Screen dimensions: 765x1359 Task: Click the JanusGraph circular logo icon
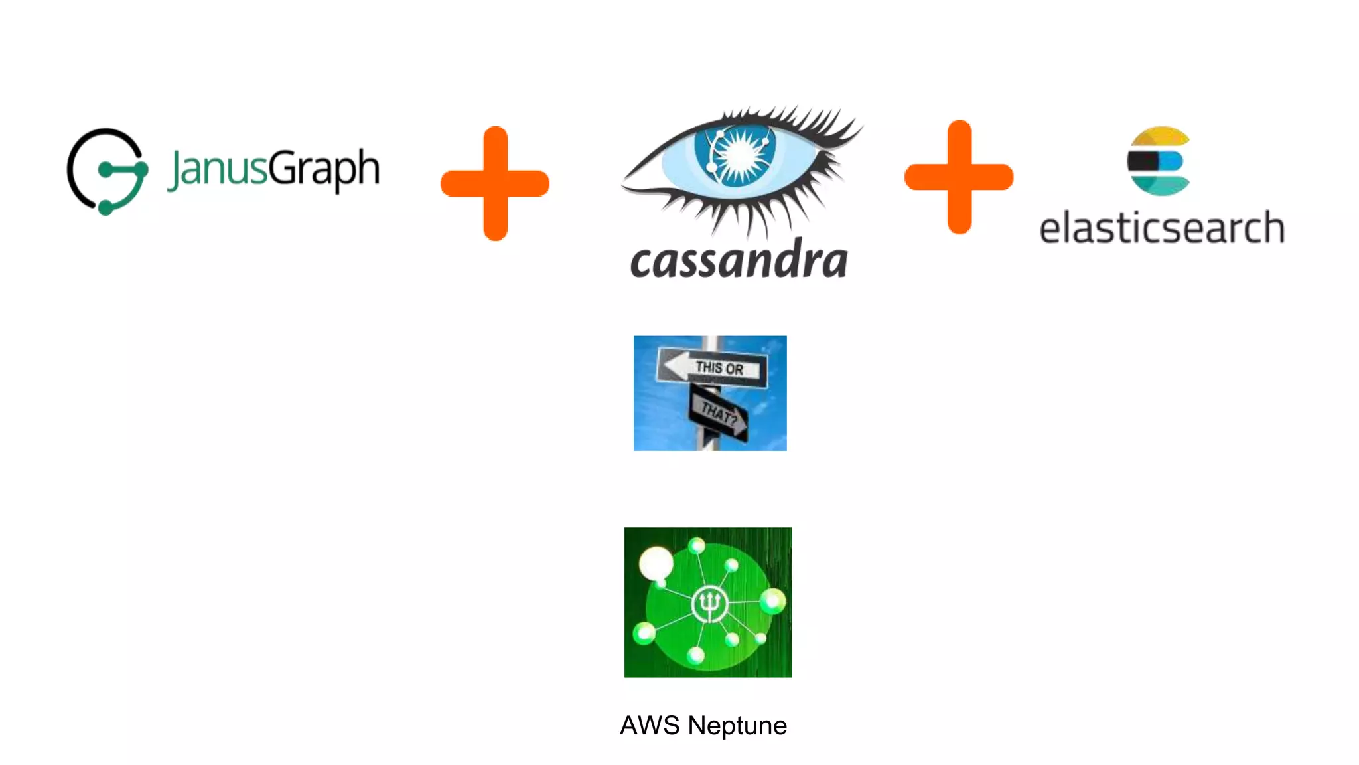coord(107,171)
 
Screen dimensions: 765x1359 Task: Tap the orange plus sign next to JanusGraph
coord(495,183)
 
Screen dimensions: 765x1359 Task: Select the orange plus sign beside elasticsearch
coord(959,177)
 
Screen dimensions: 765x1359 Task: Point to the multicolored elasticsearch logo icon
coord(1158,161)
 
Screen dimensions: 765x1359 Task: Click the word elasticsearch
coord(1161,228)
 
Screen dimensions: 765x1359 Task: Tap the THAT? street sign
coord(719,413)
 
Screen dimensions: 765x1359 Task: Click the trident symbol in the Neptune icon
coord(709,604)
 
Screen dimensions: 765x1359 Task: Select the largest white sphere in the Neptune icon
coord(656,564)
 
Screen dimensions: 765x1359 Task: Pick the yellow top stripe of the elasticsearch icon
coord(1159,136)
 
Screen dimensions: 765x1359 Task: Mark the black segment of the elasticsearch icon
coord(1143,161)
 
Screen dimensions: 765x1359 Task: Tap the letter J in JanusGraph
coord(176,170)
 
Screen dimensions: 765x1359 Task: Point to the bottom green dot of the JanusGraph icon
coord(106,209)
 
